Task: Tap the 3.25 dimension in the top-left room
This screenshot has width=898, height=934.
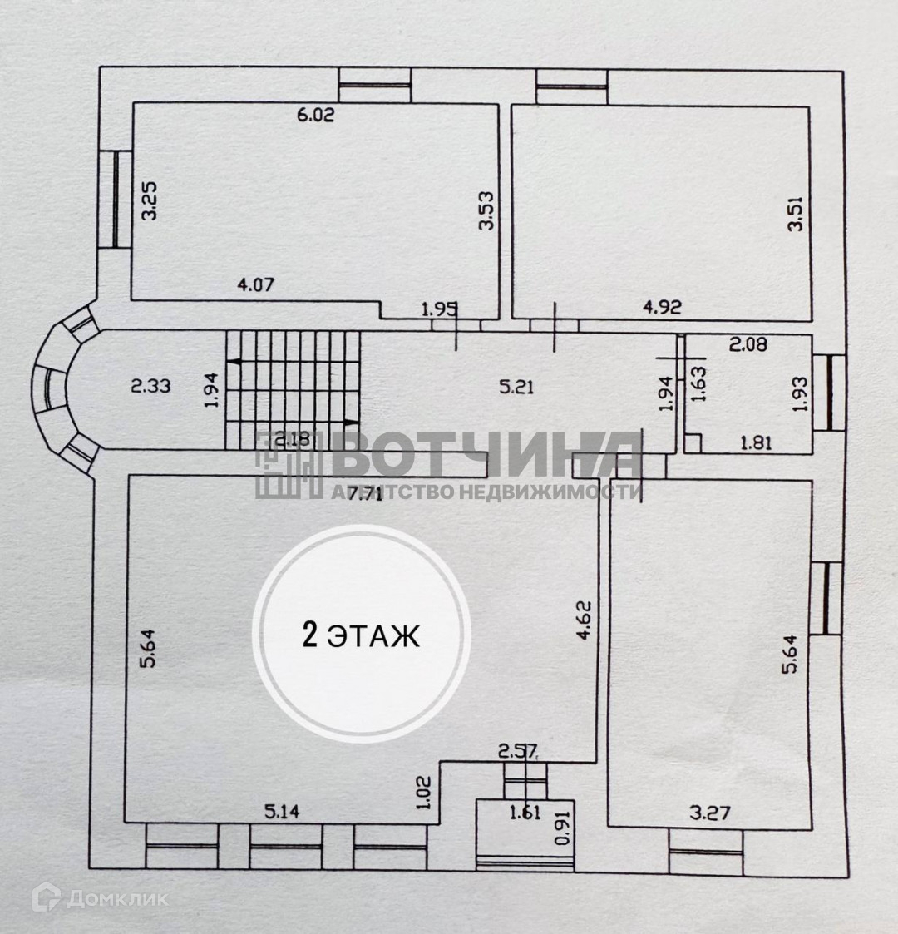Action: (x=150, y=201)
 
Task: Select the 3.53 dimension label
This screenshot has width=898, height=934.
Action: (x=487, y=210)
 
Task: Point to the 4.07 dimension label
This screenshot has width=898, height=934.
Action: (x=255, y=284)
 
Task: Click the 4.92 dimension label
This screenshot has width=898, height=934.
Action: (x=662, y=307)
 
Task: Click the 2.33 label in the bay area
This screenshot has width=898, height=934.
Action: (x=150, y=386)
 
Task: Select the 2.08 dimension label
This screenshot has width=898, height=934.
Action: (x=748, y=343)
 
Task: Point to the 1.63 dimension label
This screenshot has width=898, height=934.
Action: (x=698, y=385)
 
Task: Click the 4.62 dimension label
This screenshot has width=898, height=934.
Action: (x=584, y=620)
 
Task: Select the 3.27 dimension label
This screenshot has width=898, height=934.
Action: (x=709, y=812)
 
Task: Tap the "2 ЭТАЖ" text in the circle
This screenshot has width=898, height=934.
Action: (x=361, y=636)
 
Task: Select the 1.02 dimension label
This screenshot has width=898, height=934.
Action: (x=425, y=793)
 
